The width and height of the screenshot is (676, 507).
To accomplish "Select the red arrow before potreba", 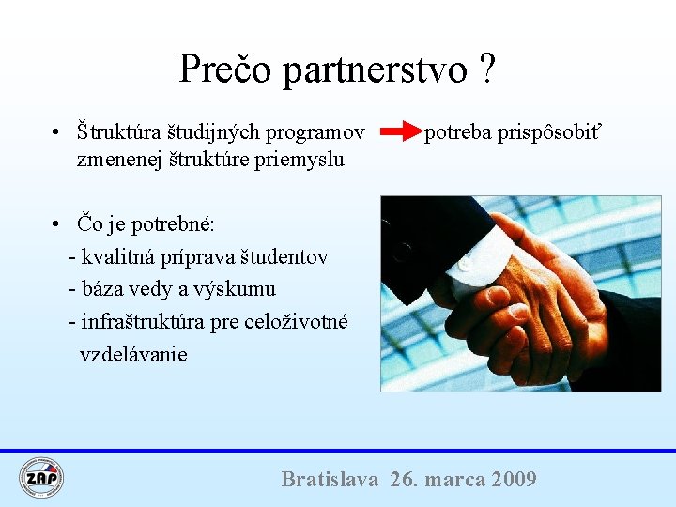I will [403, 131].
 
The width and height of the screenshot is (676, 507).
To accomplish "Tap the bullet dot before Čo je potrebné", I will [58, 223].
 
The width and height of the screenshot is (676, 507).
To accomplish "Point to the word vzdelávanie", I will [133, 355].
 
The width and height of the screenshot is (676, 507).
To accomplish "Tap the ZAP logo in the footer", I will [42, 477].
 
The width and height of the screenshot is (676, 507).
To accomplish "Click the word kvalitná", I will [120, 256].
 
